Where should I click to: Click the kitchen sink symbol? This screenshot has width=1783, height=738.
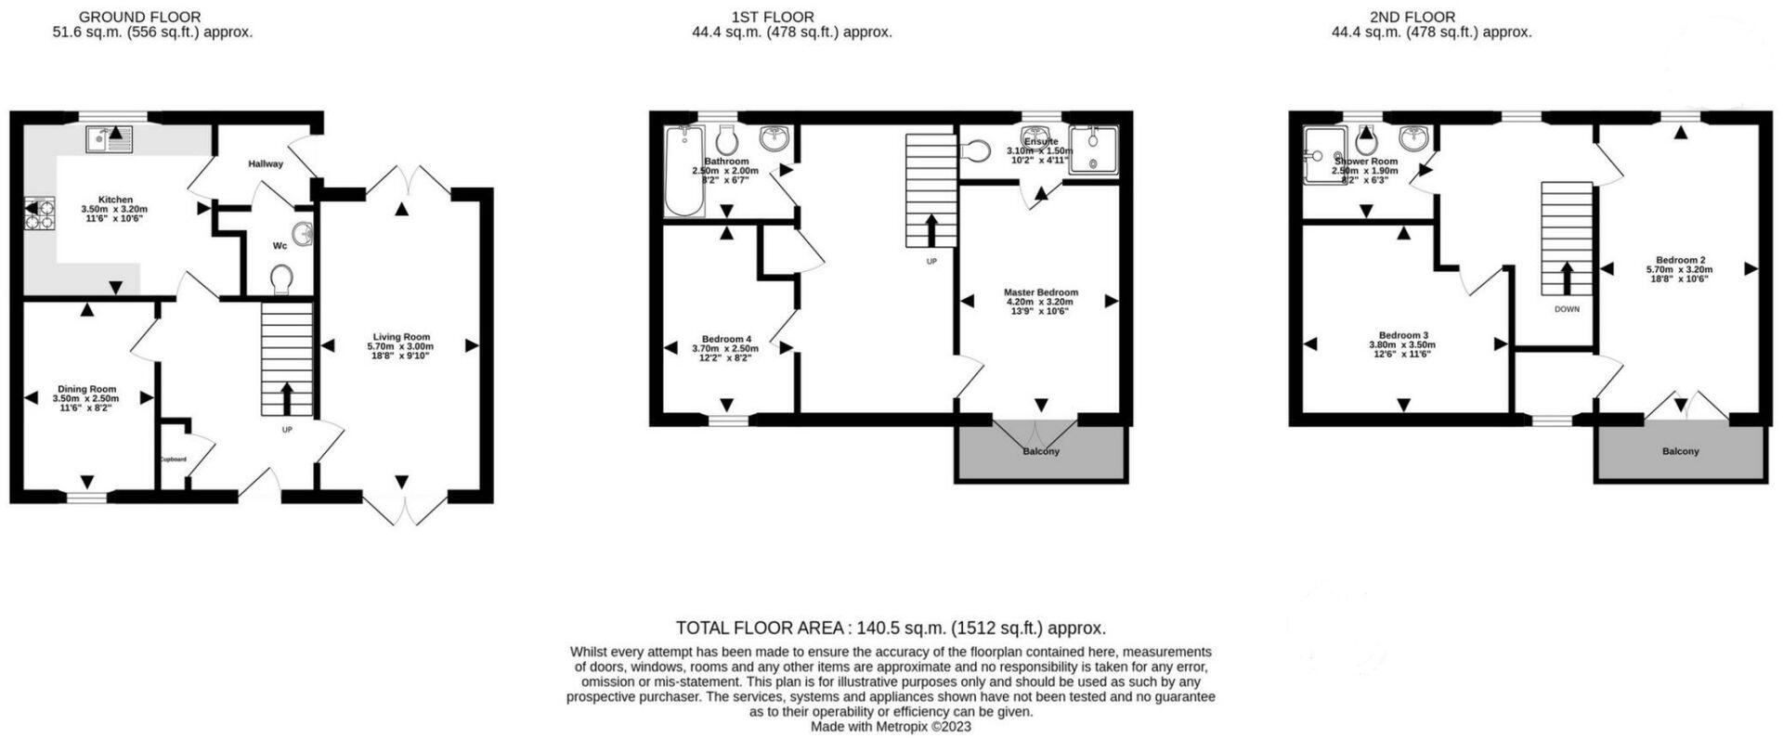click(111, 140)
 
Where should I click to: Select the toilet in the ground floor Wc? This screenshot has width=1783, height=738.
click(281, 278)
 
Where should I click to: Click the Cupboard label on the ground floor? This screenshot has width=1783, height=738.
click(173, 460)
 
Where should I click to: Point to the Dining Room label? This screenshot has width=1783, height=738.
click(86, 389)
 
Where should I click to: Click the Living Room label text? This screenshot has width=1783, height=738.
click(401, 337)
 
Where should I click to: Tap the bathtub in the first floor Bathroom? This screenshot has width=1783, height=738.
click(685, 172)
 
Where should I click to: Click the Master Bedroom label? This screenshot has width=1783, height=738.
click(1040, 292)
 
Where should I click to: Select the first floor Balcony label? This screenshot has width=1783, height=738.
click(1040, 452)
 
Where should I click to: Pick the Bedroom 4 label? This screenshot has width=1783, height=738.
click(726, 339)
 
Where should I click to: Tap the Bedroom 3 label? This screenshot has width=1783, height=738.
click(1402, 335)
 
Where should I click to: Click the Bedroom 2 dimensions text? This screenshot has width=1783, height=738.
click(1679, 270)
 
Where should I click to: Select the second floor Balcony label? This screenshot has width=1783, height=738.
click(1680, 452)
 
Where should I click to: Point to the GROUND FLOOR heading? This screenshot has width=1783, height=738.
click(139, 17)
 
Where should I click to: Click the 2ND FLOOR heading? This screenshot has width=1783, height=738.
click(1412, 17)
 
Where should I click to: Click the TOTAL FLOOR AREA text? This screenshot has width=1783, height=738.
click(891, 628)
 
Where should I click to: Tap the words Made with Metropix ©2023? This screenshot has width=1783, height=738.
click(891, 727)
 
